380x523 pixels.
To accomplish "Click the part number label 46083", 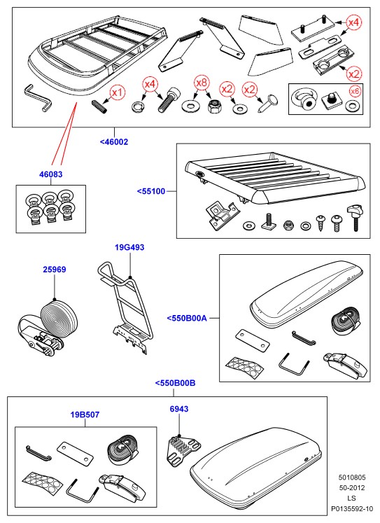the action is [50, 174].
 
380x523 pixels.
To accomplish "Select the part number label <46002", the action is [114, 141].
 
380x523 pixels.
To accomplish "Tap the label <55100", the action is [151, 191].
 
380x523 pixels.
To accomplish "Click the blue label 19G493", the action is [129, 247].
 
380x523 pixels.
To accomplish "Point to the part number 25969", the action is [55, 270].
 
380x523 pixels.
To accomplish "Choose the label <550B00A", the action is [187, 318].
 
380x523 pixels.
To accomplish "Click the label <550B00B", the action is [176, 383].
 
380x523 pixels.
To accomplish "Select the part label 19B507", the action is [85, 414].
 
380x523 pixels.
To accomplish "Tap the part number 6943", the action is [179, 409].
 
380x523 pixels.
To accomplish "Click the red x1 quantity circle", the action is [117, 92].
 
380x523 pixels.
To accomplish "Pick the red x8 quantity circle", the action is [202, 83].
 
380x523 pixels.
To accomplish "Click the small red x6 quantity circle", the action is [356, 92].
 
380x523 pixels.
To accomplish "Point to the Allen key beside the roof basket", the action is [38, 97].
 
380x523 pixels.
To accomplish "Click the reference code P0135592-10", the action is [352, 509].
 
